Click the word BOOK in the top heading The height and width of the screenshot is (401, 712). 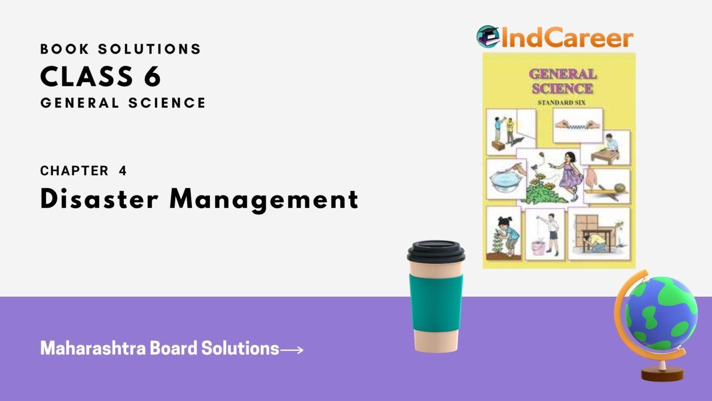pyautogui.click(x=64, y=49)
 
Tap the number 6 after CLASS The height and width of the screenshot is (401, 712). pyautogui.click(x=153, y=76)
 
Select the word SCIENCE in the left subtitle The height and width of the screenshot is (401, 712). pyautogui.click(x=167, y=103)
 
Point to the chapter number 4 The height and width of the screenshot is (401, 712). pyautogui.click(x=123, y=171)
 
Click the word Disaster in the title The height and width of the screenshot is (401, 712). pyautogui.click(x=99, y=199)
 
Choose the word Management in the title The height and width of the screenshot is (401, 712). pyautogui.click(x=264, y=200)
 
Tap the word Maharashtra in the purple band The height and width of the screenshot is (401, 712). pyautogui.click(x=93, y=348)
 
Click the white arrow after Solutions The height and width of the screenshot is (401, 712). pyautogui.click(x=292, y=350)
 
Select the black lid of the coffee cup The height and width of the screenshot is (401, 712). pyautogui.click(x=436, y=251)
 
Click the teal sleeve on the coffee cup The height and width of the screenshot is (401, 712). pyautogui.click(x=436, y=303)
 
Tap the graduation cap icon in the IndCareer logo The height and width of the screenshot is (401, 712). pyautogui.click(x=488, y=36)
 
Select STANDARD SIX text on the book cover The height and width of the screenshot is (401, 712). pyautogui.click(x=561, y=103)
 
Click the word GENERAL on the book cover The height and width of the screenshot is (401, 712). pyautogui.click(x=563, y=74)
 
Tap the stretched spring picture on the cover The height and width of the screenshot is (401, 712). pyautogui.click(x=578, y=125)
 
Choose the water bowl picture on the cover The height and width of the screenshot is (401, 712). pyautogui.click(x=506, y=179)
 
